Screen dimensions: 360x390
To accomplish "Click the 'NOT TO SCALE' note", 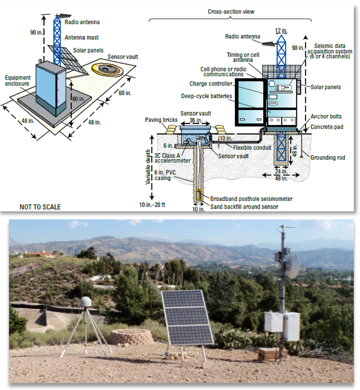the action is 40,207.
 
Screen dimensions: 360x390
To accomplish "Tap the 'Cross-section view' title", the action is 231,12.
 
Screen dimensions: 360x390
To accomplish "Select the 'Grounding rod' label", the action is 328,158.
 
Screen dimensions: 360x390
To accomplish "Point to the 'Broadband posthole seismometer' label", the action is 251,199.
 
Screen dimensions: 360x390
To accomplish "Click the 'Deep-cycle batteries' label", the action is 207,96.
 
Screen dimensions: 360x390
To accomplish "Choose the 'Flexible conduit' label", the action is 252,148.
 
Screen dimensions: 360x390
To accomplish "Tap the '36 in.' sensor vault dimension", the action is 196,120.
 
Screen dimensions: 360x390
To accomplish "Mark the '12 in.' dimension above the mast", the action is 281,31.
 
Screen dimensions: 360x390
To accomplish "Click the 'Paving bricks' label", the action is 161,120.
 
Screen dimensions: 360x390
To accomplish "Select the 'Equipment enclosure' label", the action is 18,81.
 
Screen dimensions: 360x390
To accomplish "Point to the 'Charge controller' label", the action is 211,84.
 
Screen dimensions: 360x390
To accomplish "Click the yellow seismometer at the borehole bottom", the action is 198,194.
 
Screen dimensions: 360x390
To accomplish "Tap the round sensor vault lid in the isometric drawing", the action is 107,69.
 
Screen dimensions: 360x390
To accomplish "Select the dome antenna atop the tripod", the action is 85,301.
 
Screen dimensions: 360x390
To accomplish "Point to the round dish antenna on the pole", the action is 294,266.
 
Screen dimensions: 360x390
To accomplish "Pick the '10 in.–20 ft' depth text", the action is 152,205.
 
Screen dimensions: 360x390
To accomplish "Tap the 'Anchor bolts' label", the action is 326,117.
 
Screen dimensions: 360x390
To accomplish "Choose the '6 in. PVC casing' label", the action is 165,175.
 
